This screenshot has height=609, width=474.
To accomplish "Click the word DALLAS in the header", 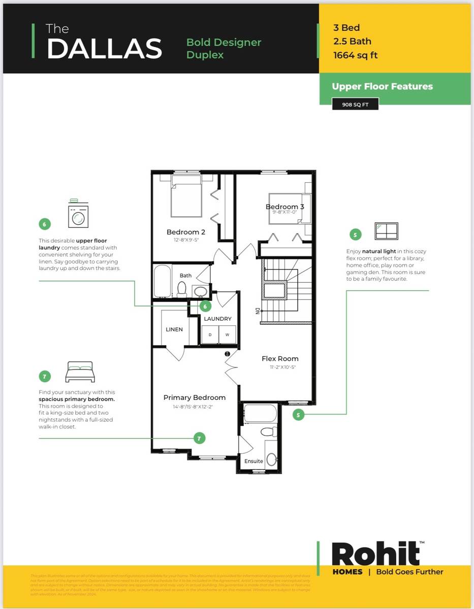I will (104, 48).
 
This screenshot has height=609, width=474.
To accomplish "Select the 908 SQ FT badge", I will (355, 105).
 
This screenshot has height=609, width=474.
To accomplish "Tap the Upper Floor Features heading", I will (382, 86).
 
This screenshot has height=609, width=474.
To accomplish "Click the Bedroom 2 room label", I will (185, 232).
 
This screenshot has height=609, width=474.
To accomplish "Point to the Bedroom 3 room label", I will (285, 207).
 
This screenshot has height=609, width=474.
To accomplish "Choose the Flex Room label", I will (280, 358).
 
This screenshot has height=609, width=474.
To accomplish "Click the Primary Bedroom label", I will (194, 397).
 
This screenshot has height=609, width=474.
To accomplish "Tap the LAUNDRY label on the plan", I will (217, 319).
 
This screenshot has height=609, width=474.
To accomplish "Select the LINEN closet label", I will (174, 329).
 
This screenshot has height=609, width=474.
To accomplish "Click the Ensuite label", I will (254, 461).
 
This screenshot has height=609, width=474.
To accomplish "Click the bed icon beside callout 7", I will (80, 372).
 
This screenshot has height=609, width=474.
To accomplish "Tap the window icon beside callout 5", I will (386, 231).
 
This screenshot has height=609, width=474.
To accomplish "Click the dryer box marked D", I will (210, 334).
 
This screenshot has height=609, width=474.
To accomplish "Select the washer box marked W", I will (227, 334).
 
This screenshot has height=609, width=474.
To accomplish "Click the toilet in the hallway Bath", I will (182, 289).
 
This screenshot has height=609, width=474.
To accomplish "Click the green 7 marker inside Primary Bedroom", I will (199, 438).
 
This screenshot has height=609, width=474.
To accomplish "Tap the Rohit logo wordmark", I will (376, 554).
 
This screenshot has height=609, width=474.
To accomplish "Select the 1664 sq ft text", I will (355, 55).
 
